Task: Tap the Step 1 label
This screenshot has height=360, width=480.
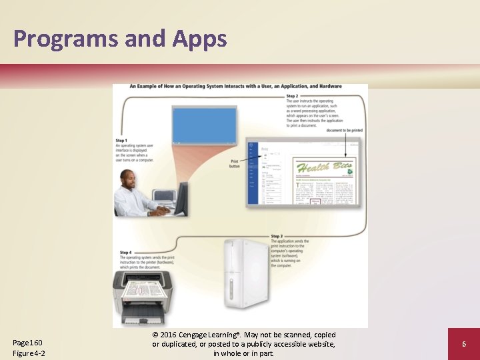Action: [121, 141]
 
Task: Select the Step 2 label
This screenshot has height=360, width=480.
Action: [293, 96]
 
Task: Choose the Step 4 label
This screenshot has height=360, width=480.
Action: [126, 252]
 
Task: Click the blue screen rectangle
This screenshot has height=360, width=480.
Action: [205, 125]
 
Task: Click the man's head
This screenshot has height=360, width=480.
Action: [129, 179]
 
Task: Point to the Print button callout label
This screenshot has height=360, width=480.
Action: [235, 163]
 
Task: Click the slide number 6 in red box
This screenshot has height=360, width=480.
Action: [464, 344]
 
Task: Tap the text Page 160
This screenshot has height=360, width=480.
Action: [28, 343]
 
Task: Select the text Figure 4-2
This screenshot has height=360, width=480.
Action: [29, 353]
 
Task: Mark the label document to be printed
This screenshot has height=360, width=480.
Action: [344, 131]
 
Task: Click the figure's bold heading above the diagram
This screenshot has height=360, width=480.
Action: [235, 86]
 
